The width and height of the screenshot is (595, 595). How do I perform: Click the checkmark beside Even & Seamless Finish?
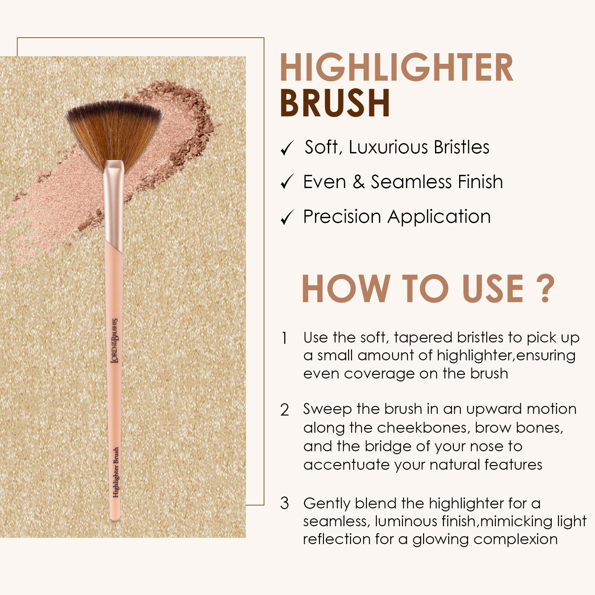pos(287,182)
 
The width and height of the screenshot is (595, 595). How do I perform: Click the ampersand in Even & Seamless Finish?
pos(359,182)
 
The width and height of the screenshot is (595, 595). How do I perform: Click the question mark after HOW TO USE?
pos(543,289)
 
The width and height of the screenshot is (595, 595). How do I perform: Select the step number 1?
pos(284,338)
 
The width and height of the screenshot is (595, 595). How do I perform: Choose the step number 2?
pos(285,410)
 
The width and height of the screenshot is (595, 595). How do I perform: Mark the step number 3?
pos(285,503)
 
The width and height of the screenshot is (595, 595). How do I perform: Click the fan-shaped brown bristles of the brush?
pos(114,131)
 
